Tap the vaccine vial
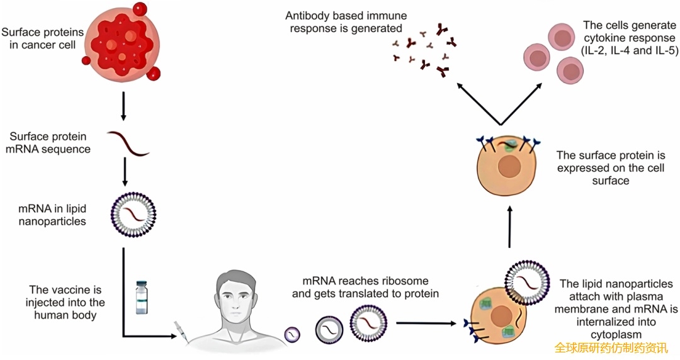click(x=141, y=297)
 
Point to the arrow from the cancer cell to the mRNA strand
click(x=123, y=106)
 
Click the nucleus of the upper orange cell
click(x=509, y=169)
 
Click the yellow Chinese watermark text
click(x=610, y=348)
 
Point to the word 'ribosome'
click(x=404, y=281)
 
